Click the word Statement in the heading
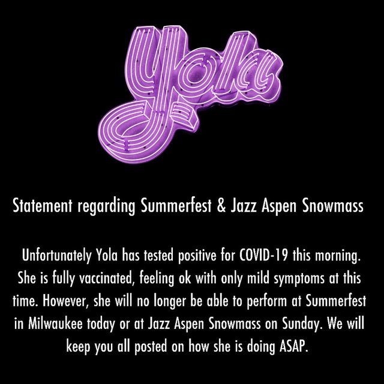(x=43, y=206)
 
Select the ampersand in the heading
(x=221, y=206)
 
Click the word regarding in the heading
(x=107, y=207)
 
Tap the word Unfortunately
(x=56, y=256)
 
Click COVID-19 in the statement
(x=263, y=256)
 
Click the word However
(x=65, y=301)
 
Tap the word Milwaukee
(x=55, y=323)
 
